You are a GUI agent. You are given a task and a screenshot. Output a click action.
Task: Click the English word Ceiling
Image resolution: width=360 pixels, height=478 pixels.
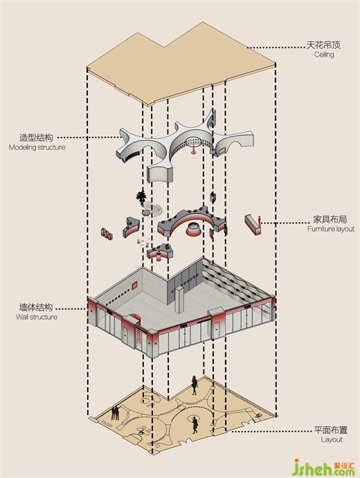pyautogui.click(x=324, y=55)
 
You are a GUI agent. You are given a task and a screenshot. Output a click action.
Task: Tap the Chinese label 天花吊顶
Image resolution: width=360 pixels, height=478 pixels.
pyautogui.click(x=323, y=45)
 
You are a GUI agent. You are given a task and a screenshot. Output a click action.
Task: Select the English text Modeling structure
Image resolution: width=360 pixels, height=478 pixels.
pyautogui.click(x=37, y=147)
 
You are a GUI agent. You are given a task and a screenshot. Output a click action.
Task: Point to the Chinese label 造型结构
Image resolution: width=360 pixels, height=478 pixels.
pyautogui.click(x=36, y=138)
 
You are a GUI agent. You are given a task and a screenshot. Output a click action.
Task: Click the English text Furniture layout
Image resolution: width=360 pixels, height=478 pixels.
pyautogui.click(x=331, y=229)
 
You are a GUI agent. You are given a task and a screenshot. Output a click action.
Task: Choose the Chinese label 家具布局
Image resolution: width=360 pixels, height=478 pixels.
pyautogui.click(x=330, y=219)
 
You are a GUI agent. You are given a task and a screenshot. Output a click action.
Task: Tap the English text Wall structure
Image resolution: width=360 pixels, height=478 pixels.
pyautogui.click(x=37, y=317)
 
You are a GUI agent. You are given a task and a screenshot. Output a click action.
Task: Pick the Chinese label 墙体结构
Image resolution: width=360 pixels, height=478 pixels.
pyautogui.click(x=36, y=307)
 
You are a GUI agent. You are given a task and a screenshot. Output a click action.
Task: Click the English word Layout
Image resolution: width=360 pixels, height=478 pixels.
pyautogui.click(x=332, y=439)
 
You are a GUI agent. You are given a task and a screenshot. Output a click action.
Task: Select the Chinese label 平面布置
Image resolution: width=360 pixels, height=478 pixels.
pyautogui.click(x=331, y=430)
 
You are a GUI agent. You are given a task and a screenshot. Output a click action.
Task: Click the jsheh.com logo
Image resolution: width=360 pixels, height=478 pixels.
pyautogui.click(x=323, y=466)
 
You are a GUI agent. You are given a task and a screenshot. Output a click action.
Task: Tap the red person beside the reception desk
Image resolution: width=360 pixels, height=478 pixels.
pyautogui.click(x=260, y=221)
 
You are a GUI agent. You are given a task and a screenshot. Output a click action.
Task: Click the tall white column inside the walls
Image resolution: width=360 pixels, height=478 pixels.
pyautogui.click(x=179, y=300)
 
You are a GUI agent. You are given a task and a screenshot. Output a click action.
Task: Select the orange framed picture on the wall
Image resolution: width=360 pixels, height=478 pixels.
pyautogui.click(x=134, y=286)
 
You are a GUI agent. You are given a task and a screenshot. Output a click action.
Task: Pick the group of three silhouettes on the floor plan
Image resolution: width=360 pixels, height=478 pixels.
pyautogui.click(x=116, y=414)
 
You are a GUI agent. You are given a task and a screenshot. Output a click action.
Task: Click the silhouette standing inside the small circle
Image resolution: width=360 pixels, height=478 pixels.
pyautogui.click(x=195, y=425)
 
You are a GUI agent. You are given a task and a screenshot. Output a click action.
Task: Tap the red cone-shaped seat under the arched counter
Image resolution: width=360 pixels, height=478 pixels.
pyautogui.click(x=193, y=230)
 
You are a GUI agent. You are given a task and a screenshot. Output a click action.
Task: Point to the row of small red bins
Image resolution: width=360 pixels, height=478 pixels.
pyautogui.click(x=107, y=233)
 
